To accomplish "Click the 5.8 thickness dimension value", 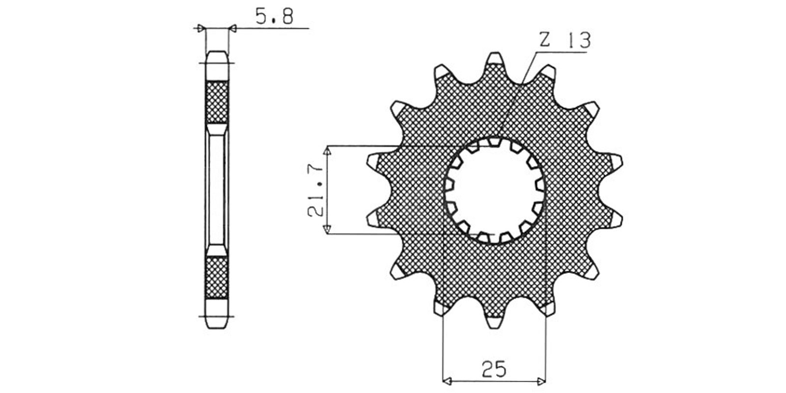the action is tap(274, 16).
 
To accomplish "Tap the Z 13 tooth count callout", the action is tap(565, 40).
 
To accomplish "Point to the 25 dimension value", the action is tap(494, 369).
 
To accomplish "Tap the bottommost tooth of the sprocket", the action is tap(494, 322).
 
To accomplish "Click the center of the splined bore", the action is tap(495, 191).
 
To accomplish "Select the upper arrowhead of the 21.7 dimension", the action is tap(327, 151).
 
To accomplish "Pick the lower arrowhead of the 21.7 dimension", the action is tap(327, 229).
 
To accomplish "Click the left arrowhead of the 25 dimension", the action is tap(448, 381).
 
